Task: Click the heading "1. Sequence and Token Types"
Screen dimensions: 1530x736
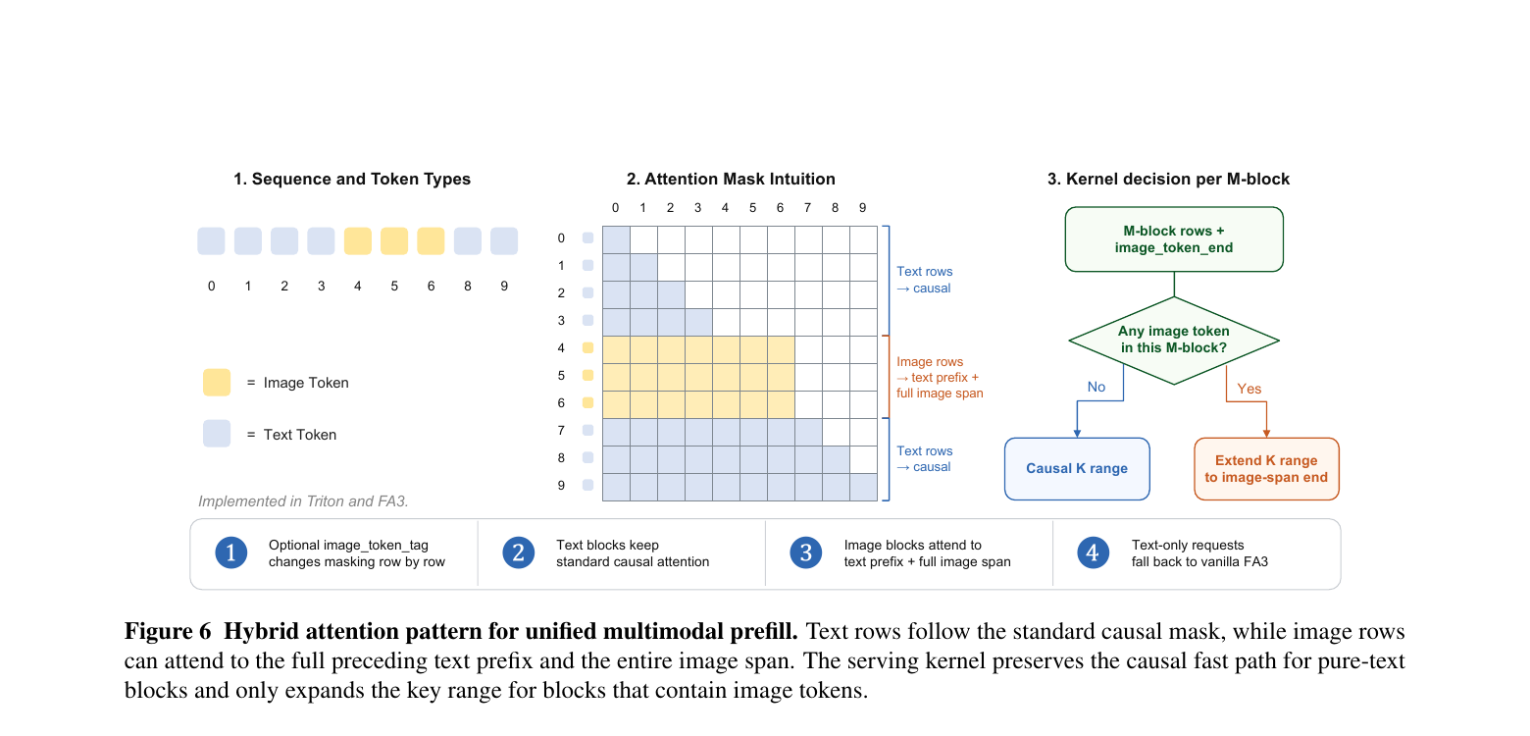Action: (x=352, y=179)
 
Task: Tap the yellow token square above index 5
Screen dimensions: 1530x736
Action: (x=394, y=241)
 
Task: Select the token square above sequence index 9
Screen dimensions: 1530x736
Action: (x=504, y=241)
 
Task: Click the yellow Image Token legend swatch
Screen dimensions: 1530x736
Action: (x=217, y=383)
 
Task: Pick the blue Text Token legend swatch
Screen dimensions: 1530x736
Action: (x=217, y=434)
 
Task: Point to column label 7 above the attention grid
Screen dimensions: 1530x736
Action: (x=807, y=208)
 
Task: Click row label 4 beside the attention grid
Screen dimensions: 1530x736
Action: (x=561, y=347)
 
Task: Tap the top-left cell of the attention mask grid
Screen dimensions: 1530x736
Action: (x=616, y=239)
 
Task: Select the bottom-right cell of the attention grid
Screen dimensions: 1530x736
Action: (x=863, y=488)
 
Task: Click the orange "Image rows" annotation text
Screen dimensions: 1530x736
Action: (x=930, y=361)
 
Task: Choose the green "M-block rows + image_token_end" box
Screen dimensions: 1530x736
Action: (x=1173, y=239)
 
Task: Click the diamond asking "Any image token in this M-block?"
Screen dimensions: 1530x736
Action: (x=1173, y=341)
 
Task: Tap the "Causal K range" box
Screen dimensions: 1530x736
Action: (x=1077, y=469)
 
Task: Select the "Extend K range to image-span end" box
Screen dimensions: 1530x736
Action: (x=1265, y=469)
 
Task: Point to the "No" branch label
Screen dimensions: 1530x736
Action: (x=1096, y=387)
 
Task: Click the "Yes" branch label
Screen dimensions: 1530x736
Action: (x=1249, y=389)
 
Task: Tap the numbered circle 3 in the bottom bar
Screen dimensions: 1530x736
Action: (x=806, y=552)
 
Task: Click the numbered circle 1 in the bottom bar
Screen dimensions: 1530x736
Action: (x=230, y=552)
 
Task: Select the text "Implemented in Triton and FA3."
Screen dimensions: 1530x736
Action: (x=303, y=500)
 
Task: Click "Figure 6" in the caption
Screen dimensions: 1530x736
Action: (x=168, y=631)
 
